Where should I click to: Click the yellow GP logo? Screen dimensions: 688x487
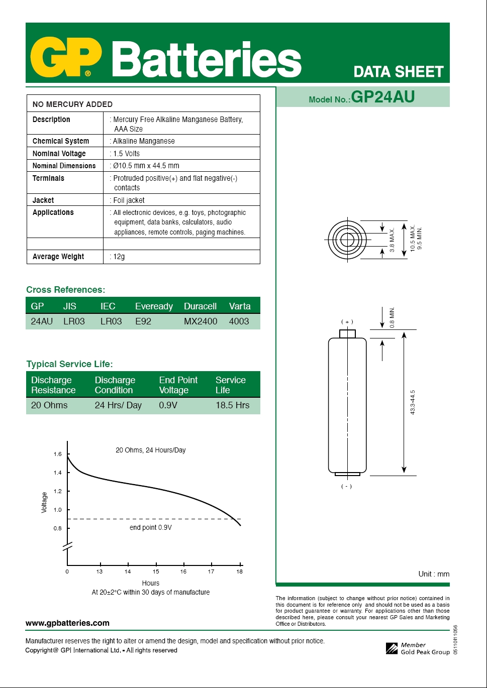pyautogui.click(x=66, y=57)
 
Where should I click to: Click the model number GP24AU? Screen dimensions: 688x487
pyautogui.click(x=383, y=97)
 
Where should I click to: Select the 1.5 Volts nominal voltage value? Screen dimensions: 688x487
pyautogui.click(x=126, y=154)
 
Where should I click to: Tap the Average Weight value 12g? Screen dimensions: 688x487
pyautogui.click(x=119, y=257)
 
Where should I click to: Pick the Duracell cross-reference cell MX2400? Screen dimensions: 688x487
pyautogui.click(x=201, y=321)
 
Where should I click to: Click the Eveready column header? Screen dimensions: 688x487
pyautogui.click(x=154, y=306)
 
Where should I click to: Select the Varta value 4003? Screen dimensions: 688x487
pyautogui.click(x=239, y=321)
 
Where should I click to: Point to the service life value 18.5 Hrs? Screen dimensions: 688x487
pyautogui.click(x=232, y=405)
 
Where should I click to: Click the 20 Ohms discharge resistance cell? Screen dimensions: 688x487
pyautogui.click(x=49, y=405)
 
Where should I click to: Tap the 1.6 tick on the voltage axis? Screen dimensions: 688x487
pyautogui.click(x=58, y=454)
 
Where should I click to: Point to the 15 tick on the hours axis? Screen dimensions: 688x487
pyautogui.click(x=156, y=571)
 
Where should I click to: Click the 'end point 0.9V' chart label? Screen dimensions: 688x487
pyautogui.click(x=150, y=527)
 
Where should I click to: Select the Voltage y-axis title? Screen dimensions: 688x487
pyautogui.click(x=44, y=502)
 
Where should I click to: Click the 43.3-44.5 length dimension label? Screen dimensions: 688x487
pyautogui.click(x=413, y=402)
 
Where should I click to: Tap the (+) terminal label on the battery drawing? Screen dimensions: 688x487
pyautogui.click(x=347, y=322)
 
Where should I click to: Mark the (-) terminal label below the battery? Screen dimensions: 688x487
pyautogui.click(x=346, y=486)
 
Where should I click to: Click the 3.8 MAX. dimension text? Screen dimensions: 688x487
pyautogui.click(x=392, y=241)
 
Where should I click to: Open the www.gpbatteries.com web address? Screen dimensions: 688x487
pyautogui.click(x=67, y=623)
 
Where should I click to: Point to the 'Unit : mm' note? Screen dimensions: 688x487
pyautogui.click(x=434, y=574)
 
